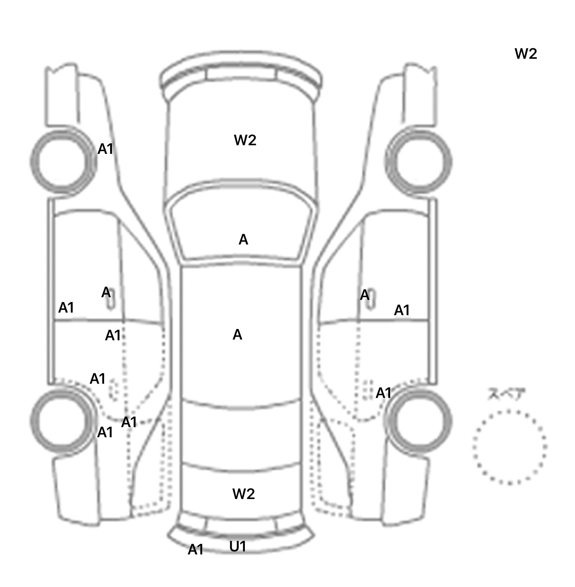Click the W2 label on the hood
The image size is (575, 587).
(245, 140)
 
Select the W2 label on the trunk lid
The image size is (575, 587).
(243, 494)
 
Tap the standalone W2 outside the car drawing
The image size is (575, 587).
(526, 54)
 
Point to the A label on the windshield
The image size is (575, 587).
(243, 240)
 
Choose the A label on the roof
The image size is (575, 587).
(237, 335)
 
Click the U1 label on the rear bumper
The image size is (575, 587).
(238, 547)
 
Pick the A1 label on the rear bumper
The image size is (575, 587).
(195, 550)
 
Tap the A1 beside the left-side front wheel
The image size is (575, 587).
(105, 149)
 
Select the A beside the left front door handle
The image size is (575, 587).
(106, 292)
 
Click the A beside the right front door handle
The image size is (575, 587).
(365, 295)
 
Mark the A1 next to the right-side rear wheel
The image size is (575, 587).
(383, 393)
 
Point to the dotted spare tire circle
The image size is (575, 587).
(510, 447)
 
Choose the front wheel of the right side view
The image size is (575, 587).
(419, 162)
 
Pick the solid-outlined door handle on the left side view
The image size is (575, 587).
(110, 300)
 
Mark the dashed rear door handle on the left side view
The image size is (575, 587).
(113, 389)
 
